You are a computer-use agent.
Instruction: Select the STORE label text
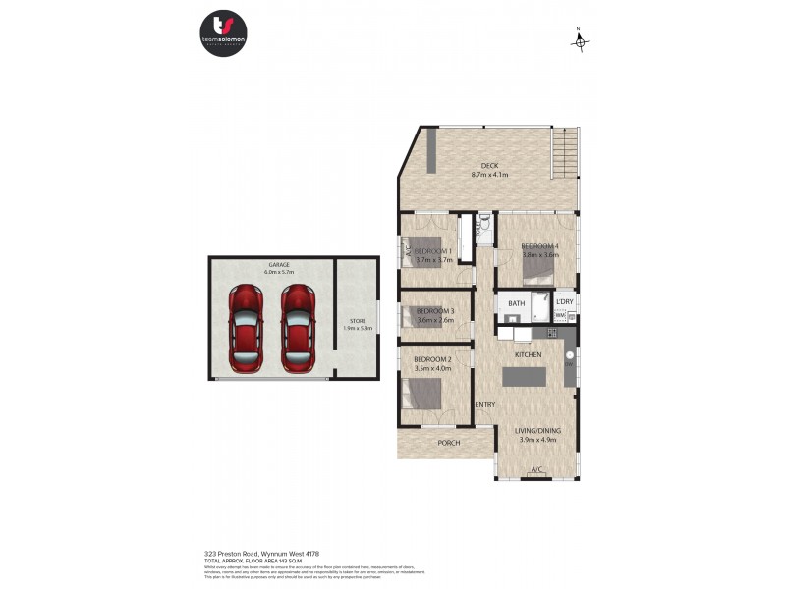pos(358,321)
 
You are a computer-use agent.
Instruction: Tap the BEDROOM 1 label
pos(434,251)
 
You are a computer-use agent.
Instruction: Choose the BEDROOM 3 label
pos(434,311)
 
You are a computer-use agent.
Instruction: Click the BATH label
pos(517,303)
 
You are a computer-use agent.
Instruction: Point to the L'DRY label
pos(565,302)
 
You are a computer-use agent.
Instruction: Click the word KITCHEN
pos(529,353)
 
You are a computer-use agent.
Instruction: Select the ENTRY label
pos(484,405)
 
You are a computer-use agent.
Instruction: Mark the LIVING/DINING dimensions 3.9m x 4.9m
pos(538,440)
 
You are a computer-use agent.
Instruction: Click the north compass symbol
pos(580,40)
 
